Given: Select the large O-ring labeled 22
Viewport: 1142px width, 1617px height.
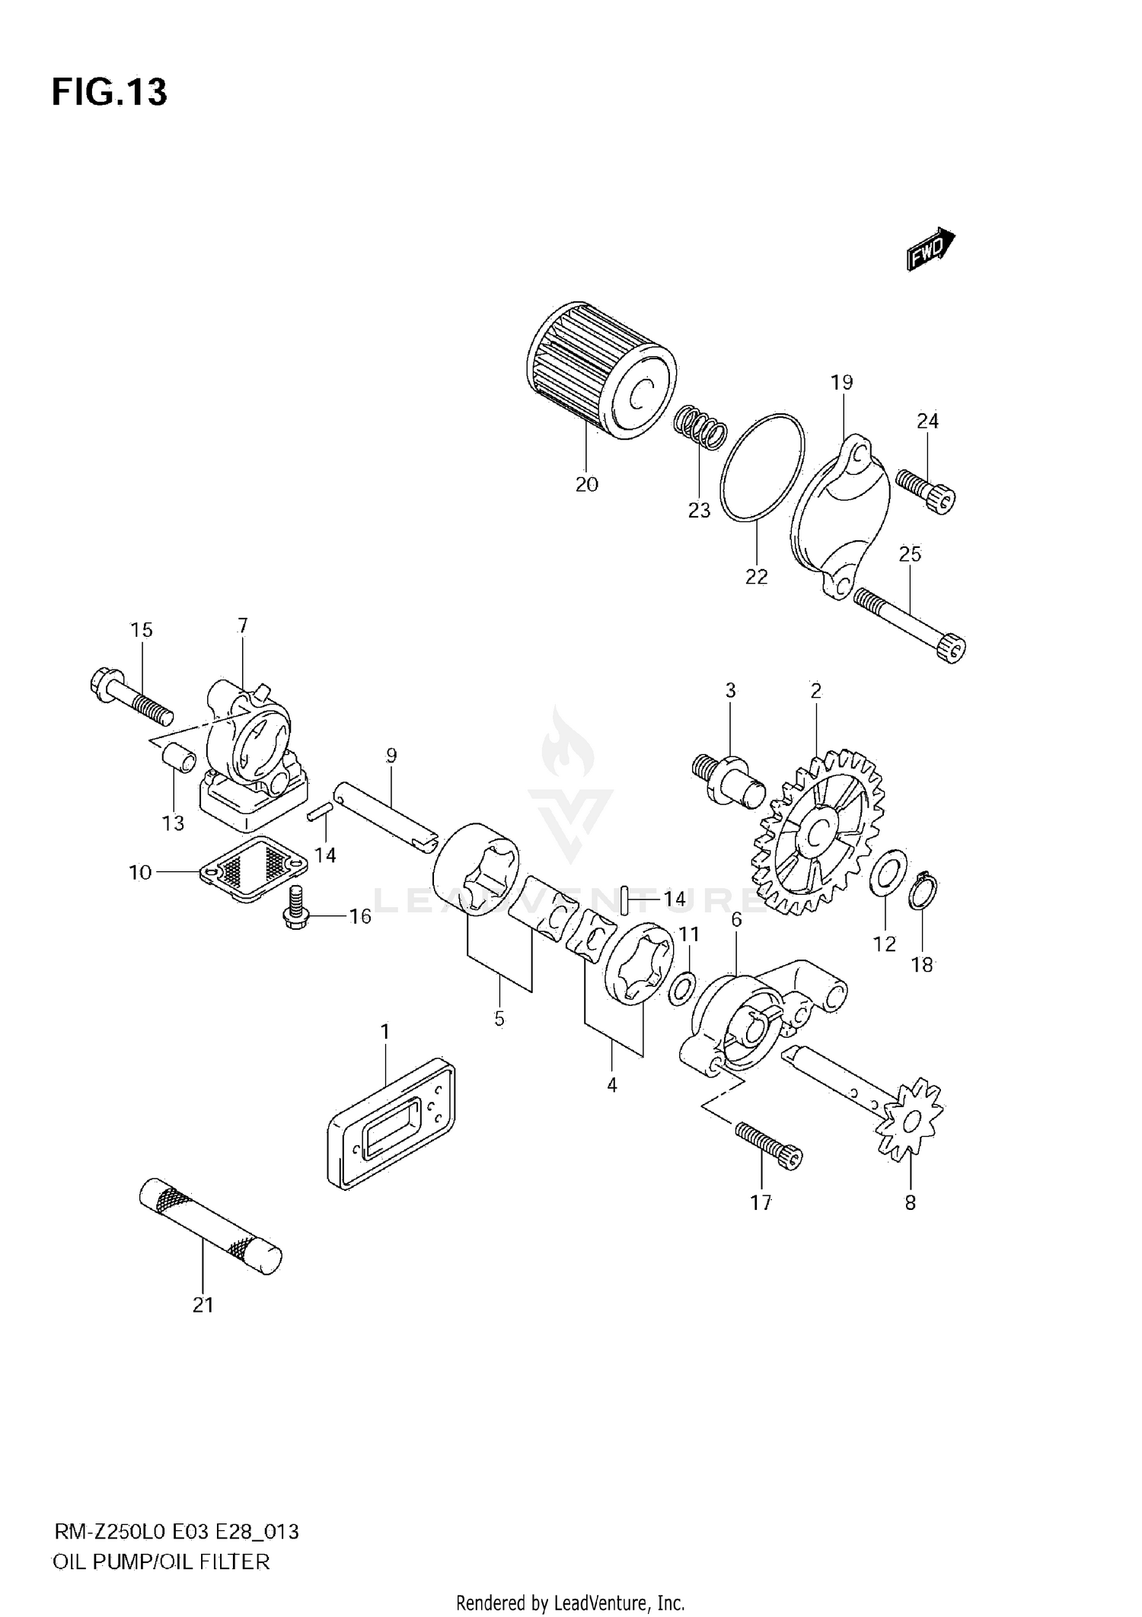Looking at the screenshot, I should (762, 468).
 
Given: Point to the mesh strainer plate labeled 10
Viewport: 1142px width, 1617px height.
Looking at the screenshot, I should (254, 868).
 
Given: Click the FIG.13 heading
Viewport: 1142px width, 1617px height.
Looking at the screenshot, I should (109, 92).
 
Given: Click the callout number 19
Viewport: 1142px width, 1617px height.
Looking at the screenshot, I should (841, 383).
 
